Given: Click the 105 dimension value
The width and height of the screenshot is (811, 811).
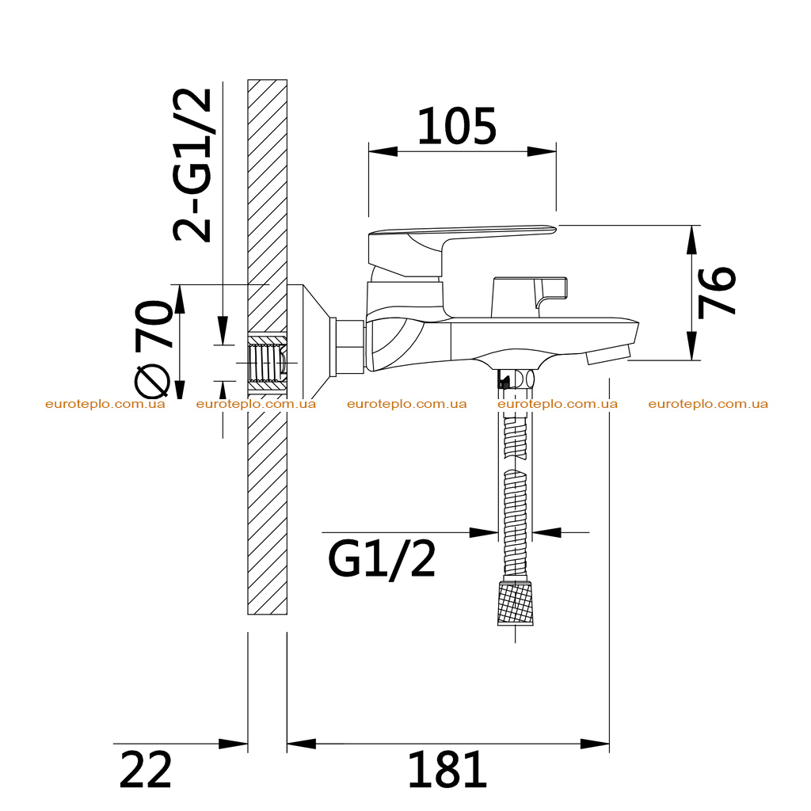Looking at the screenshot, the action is click(457, 126).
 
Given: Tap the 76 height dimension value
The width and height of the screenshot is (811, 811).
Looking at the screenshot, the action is click(717, 291).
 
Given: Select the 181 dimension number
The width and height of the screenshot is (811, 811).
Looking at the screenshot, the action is click(447, 770).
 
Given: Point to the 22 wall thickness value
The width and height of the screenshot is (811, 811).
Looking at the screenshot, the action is click(146, 770).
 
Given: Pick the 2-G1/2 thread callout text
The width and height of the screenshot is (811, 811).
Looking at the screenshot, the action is click(192, 166).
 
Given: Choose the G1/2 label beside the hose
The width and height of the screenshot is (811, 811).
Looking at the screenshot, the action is click(382, 559).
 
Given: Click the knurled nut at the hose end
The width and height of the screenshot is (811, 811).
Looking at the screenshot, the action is click(515, 603).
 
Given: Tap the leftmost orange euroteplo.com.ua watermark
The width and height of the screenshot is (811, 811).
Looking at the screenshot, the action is click(105, 404).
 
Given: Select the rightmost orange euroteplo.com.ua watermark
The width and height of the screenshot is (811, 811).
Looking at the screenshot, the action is click(708, 404).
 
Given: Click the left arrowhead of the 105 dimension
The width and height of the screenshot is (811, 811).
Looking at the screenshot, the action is click(383, 151).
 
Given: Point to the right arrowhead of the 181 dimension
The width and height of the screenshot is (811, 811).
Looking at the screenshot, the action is click(595, 744).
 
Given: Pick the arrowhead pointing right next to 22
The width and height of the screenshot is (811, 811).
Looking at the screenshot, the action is click(234, 744).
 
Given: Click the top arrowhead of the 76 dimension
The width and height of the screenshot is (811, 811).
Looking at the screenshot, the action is click(692, 240).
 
